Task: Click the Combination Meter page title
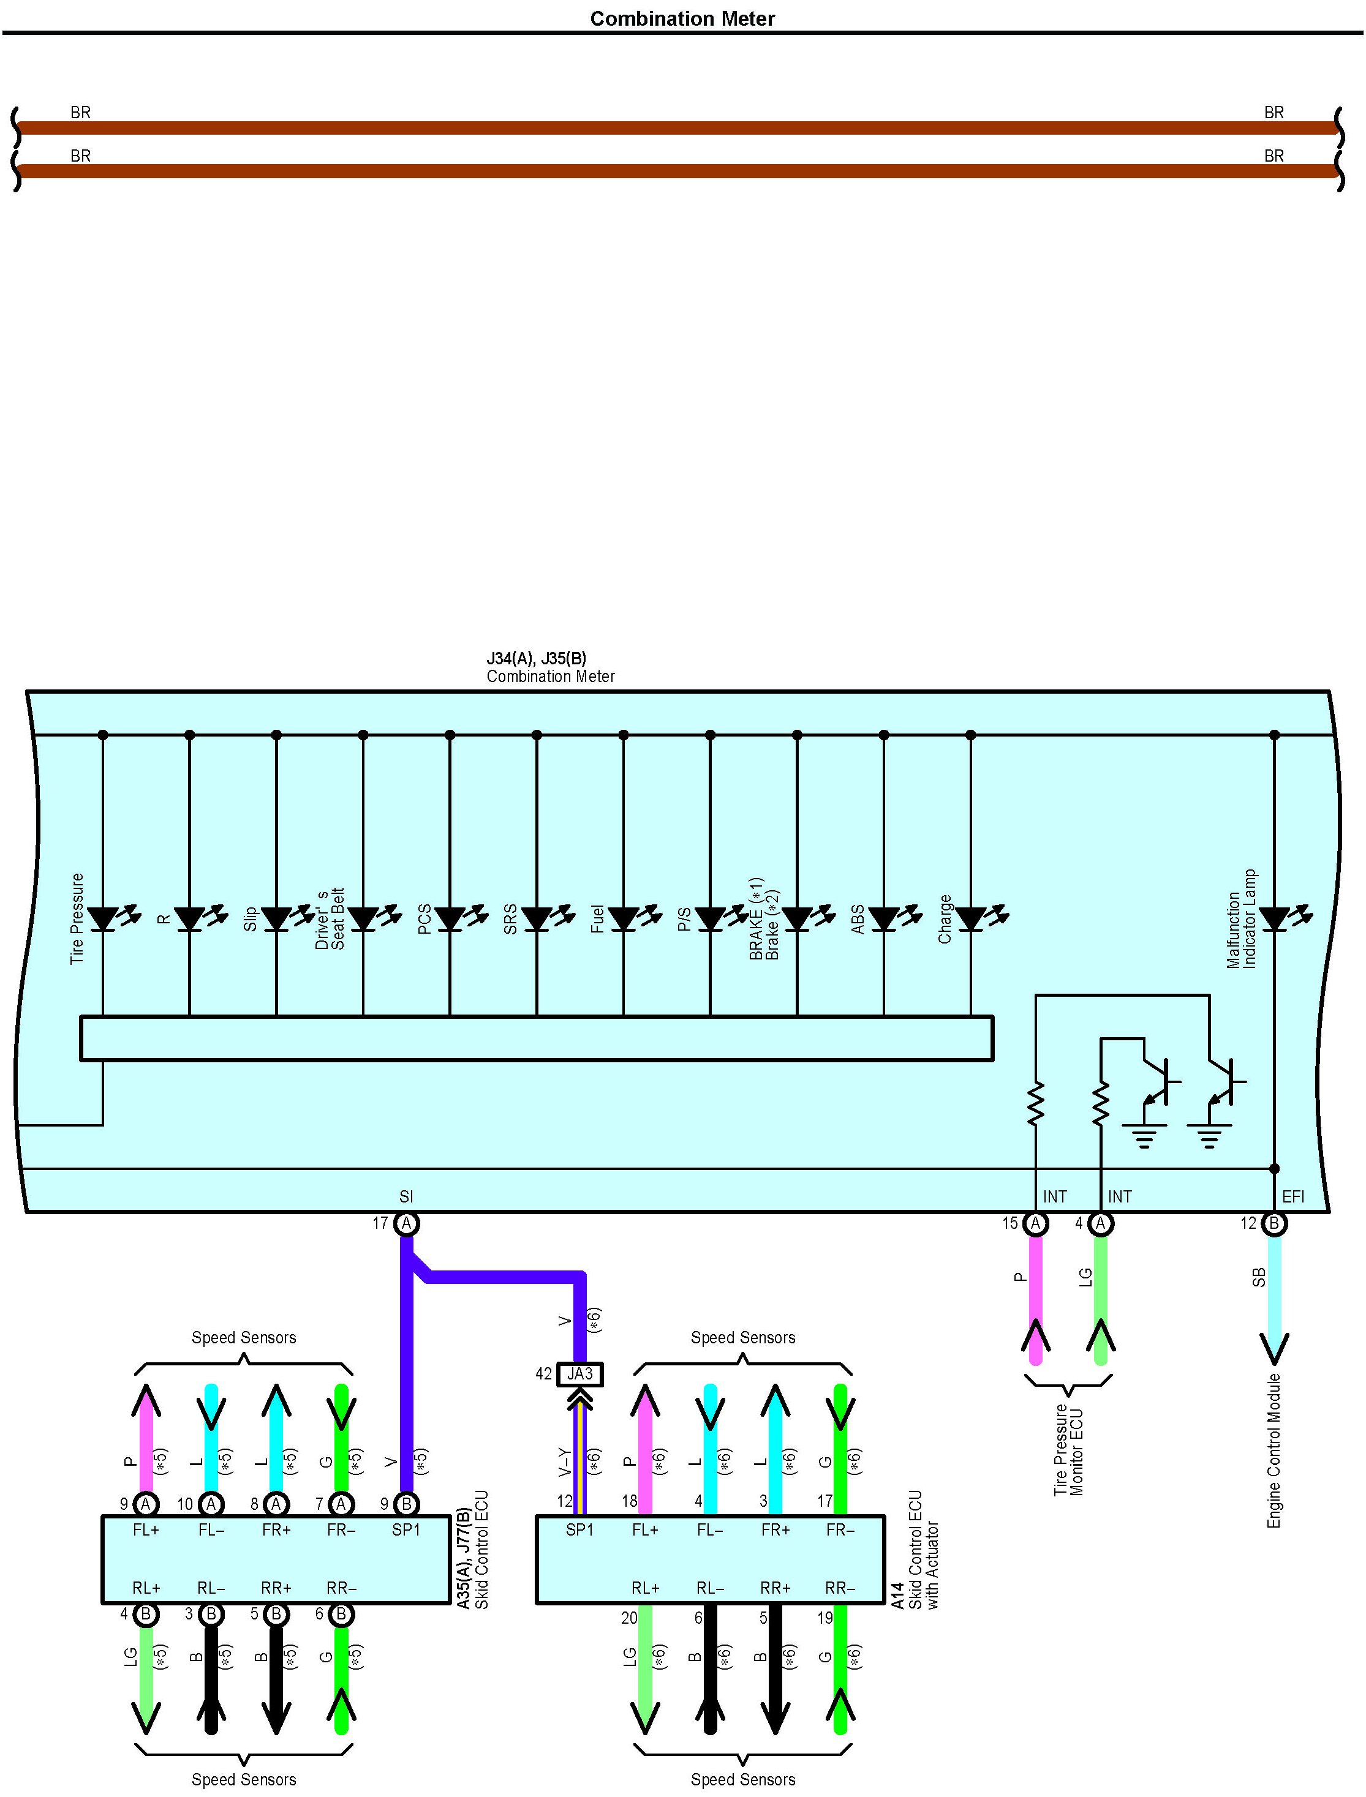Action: click(682, 19)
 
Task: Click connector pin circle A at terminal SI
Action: click(407, 1223)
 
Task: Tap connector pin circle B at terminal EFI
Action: click(1274, 1223)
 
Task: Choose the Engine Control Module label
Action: click(1274, 1451)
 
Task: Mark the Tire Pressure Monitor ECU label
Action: click(1068, 1449)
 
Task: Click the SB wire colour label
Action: click(1259, 1278)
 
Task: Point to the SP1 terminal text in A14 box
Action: click(579, 1529)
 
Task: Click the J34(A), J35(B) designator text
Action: click(536, 658)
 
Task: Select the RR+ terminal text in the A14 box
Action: click(775, 1588)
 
